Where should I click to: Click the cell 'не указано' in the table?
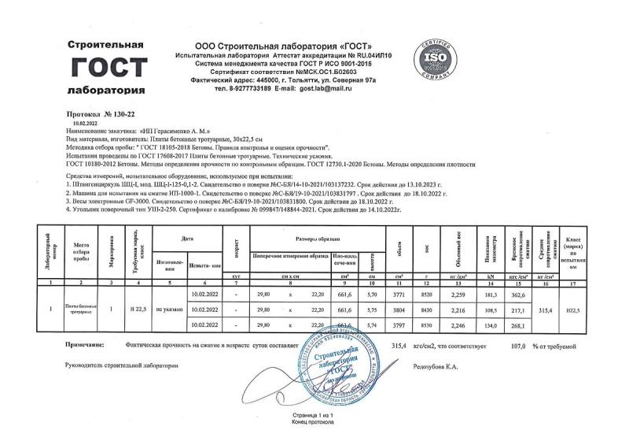click(x=169, y=310)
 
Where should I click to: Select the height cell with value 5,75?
click(x=373, y=310)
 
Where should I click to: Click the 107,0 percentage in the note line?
click(x=494, y=345)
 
